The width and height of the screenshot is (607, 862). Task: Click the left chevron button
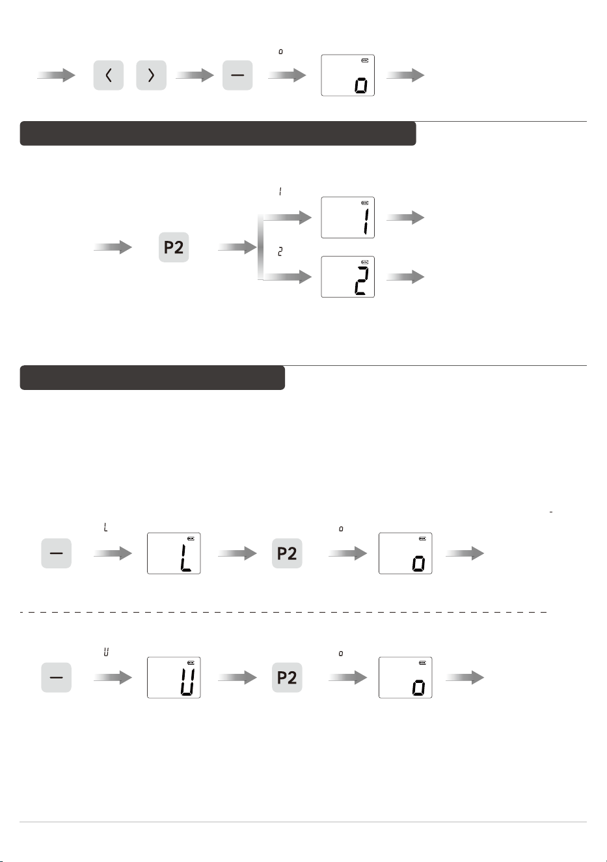(109, 75)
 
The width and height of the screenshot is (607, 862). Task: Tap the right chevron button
(151, 75)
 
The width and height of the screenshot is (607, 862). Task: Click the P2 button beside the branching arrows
(174, 247)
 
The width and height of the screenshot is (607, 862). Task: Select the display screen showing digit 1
(347, 217)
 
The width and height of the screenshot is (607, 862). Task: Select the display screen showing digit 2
(347, 277)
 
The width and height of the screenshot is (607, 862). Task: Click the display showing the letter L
(174, 553)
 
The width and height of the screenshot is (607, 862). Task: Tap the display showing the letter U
(174, 678)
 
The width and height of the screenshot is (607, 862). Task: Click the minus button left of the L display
(56, 553)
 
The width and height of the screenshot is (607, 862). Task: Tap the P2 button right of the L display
(287, 553)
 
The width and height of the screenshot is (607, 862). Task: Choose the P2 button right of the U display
(287, 678)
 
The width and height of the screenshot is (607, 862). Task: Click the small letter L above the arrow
(106, 527)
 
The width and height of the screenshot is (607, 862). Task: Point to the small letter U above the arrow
(106, 652)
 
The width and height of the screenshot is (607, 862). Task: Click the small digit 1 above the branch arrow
(280, 191)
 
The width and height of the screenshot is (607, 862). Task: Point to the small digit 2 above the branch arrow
(280, 252)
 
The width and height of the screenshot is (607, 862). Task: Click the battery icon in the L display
(191, 538)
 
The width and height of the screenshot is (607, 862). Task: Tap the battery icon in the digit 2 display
(365, 262)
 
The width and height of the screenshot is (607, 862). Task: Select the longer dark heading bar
(218, 133)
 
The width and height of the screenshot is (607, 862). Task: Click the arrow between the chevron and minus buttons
(195, 75)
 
